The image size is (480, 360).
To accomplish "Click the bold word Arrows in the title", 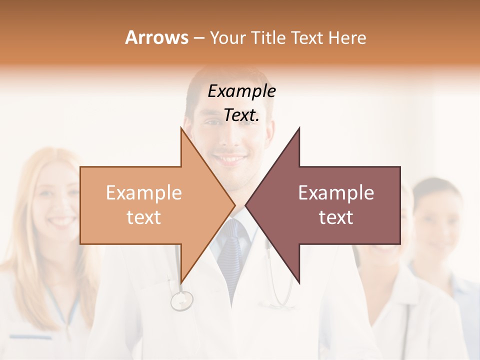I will [x=156, y=37].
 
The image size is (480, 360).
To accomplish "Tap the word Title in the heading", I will [x=268, y=38].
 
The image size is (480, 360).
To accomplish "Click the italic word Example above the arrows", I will [x=241, y=91].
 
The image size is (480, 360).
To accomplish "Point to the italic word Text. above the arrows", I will [x=241, y=115].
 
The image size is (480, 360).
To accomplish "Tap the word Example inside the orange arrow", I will [x=143, y=193].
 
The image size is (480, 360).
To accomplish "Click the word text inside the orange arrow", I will [x=143, y=217].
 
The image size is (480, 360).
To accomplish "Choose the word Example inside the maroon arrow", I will [x=336, y=193].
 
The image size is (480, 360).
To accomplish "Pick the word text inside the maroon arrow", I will [x=336, y=217].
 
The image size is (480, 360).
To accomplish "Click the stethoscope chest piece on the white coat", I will [x=181, y=300].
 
